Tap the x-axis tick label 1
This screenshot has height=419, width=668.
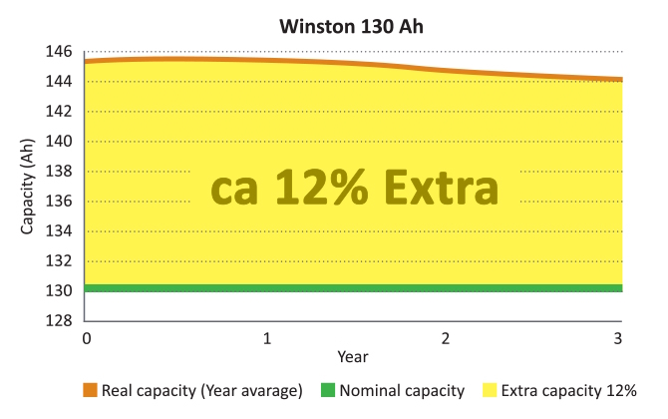click(266, 338)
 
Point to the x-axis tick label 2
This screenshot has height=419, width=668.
click(445, 338)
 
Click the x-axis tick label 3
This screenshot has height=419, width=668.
click(619, 338)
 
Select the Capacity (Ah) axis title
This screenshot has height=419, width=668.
click(28, 187)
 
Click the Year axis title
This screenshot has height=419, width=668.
click(352, 355)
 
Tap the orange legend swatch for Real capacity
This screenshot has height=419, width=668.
click(90, 390)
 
